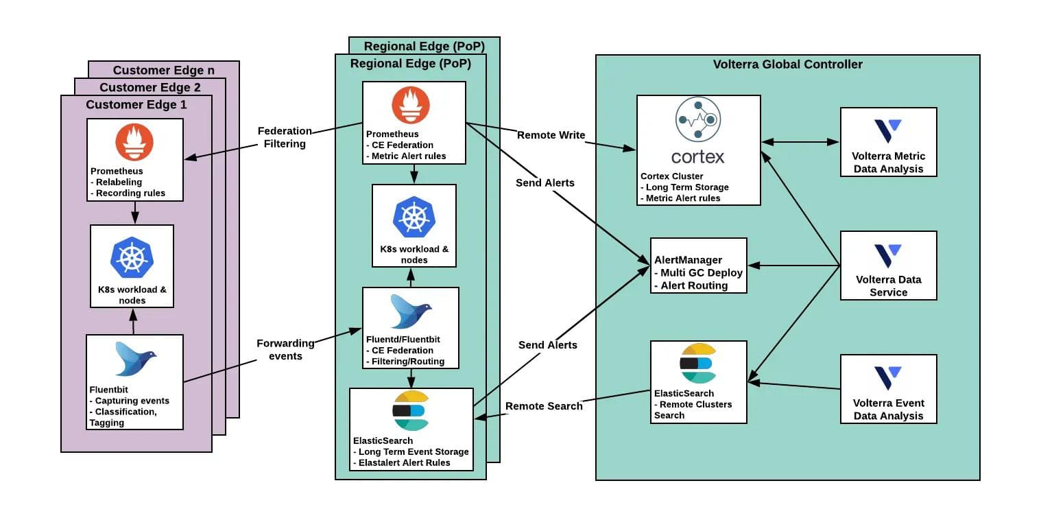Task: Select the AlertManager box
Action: coord(698,266)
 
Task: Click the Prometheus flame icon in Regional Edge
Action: coord(411,106)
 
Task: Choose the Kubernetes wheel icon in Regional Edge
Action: coord(414,217)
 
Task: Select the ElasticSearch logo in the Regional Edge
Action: coord(410,410)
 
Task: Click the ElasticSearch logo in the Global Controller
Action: coord(697,364)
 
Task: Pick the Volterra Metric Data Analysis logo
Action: coord(888,131)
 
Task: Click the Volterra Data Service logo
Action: coord(888,255)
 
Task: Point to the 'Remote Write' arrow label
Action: coord(551,135)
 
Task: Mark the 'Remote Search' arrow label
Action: coord(544,405)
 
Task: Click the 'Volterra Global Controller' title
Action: coord(787,64)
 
